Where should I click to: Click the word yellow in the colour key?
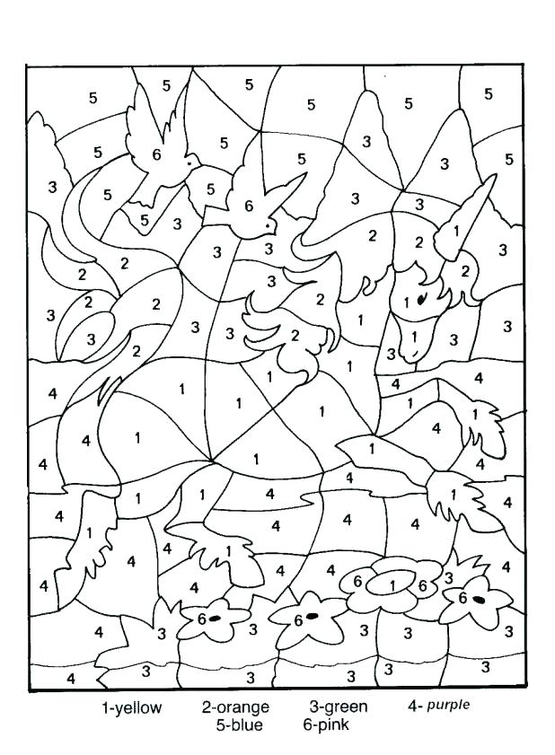(x=137, y=707)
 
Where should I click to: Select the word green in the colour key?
(x=348, y=707)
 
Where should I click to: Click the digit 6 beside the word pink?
(x=307, y=724)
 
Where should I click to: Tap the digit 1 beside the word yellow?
(x=105, y=707)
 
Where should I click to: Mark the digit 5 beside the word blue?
(x=220, y=724)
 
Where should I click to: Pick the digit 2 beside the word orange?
(x=207, y=707)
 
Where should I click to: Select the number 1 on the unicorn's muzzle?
(x=414, y=336)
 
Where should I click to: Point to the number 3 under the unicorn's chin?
(x=391, y=354)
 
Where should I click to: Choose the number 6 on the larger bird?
(x=156, y=154)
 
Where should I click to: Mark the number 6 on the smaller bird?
(x=249, y=206)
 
